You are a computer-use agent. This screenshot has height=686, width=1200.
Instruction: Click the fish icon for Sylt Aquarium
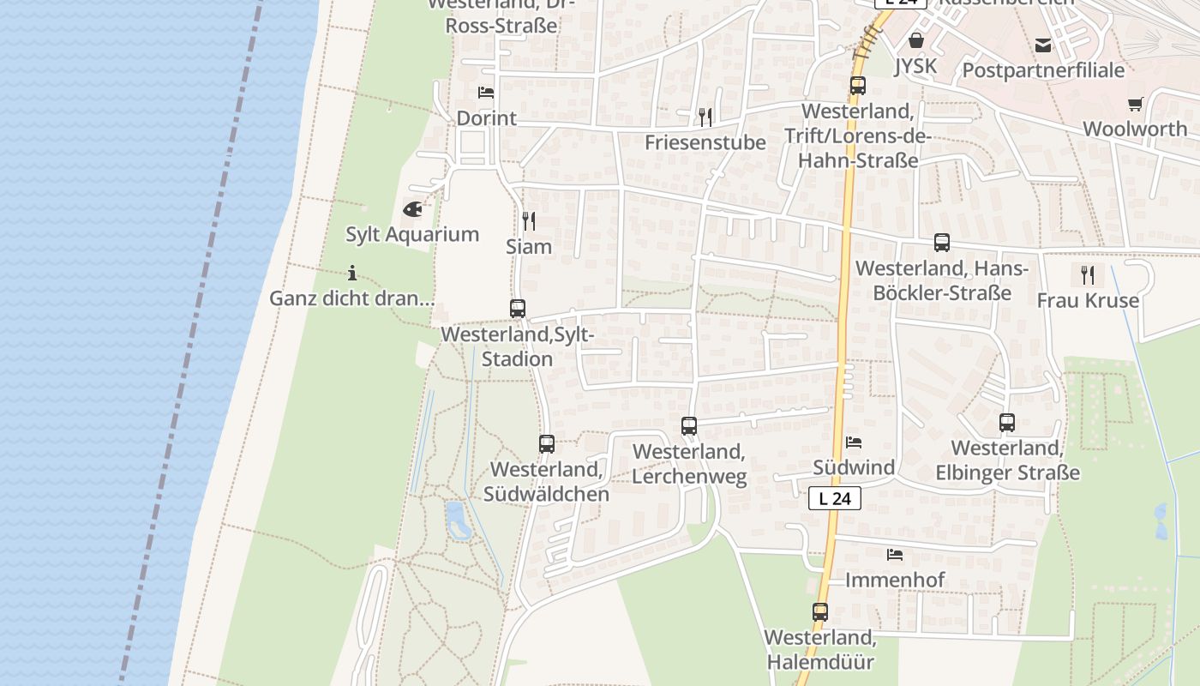[412, 208]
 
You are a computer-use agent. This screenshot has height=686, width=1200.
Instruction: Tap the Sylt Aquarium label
[412, 234]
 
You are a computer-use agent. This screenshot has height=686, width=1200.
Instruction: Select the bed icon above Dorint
[486, 93]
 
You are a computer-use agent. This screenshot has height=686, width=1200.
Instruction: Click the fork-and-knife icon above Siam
[529, 221]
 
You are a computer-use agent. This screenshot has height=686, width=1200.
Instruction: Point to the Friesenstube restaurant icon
[705, 117]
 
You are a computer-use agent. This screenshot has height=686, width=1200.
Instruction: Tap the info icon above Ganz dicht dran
[352, 274]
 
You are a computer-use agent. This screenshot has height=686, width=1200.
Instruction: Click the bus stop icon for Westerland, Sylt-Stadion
[518, 309]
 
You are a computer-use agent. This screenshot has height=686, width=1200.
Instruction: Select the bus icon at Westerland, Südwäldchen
[547, 444]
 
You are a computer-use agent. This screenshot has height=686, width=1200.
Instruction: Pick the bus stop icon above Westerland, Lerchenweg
[689, 426]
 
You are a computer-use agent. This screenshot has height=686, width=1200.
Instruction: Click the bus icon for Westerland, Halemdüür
[820, 612]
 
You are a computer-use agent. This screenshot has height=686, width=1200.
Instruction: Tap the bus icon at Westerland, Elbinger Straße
[1007, 423]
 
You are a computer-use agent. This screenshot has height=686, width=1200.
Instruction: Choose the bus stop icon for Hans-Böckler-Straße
[942, 243]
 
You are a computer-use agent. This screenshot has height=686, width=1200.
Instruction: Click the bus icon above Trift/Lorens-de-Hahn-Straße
[858, 86]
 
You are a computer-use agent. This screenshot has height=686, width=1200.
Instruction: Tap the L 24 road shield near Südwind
[834, 498]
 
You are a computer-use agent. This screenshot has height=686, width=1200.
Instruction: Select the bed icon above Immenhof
[895, 555]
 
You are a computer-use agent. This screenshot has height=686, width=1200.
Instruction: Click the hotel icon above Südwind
[854, 442]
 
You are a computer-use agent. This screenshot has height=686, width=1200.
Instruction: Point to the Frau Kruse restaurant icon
[1088, 275]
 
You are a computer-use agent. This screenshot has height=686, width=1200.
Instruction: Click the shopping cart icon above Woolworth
[1136, 105]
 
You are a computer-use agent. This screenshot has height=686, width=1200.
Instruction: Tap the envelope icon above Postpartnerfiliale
[1043, 45]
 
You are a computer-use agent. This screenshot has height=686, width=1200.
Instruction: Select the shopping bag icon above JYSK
[915, 40]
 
